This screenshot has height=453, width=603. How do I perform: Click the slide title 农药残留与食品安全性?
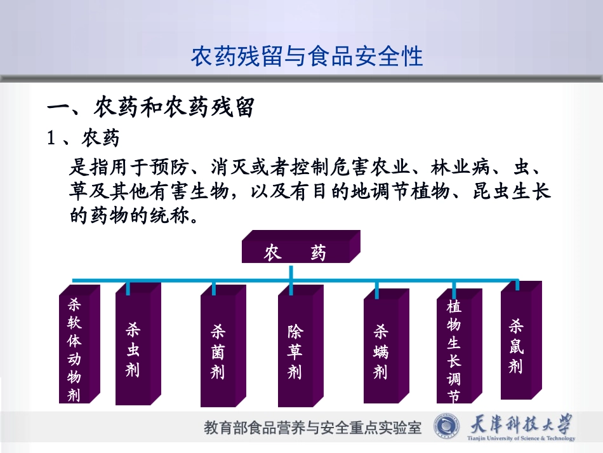pyautogui.click(x=307, y=57)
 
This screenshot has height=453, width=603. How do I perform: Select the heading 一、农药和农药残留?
pyautogui.click(x=151, y=108)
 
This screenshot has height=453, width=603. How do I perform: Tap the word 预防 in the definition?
pyautogui.click(x=168, y=168)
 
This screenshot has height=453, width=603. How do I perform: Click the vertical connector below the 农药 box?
pyautogui.click(x=291, y=272)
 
